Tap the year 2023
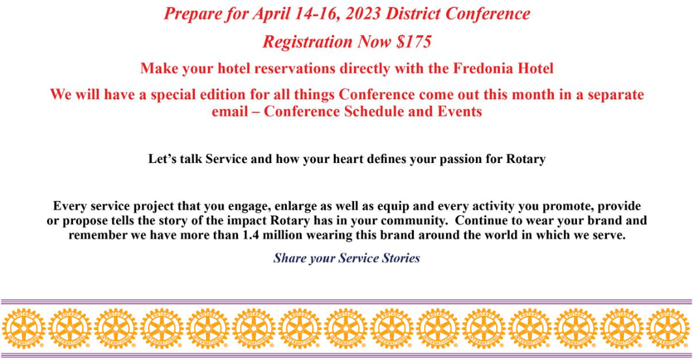coord(364,14)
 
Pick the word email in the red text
coord(230,111)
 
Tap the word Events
coord(460,111)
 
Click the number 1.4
coord(250,235)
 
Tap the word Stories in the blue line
coord(401,258)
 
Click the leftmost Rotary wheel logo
coord(24,328)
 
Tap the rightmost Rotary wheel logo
coord(668,328)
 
